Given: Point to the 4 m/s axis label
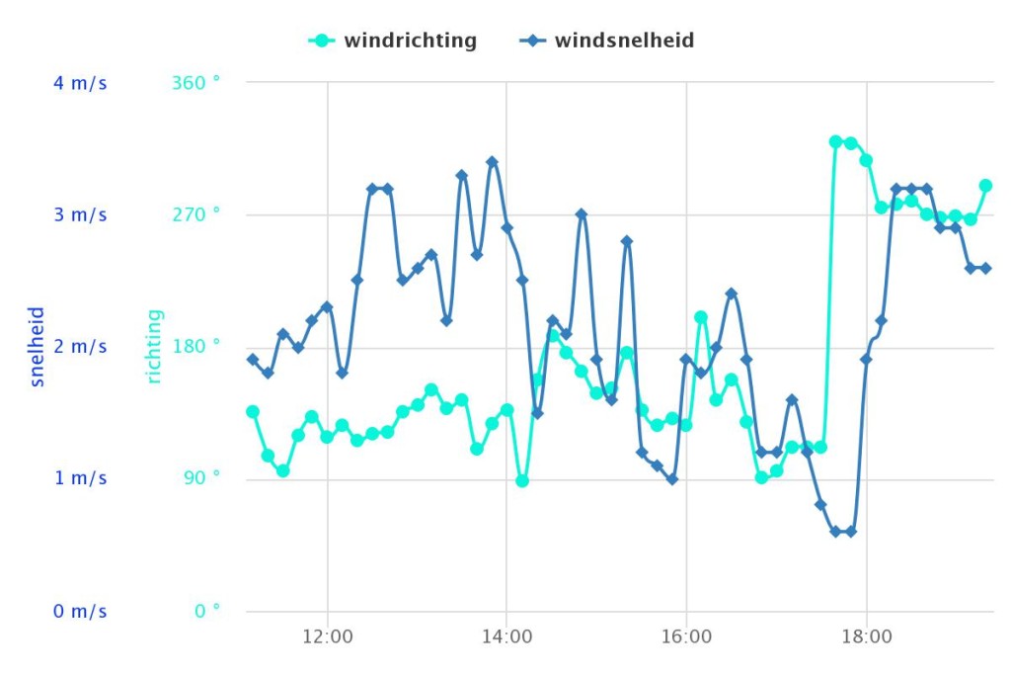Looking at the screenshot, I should coord(80,83).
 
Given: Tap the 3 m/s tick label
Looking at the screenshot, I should coord(80,215).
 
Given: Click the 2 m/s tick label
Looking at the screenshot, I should coord(80,347).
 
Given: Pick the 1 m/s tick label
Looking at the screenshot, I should coord(80,479).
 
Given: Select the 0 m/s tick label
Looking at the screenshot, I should coord(80,612).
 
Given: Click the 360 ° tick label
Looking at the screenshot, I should coord(195,83).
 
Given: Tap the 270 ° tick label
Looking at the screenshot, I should coord(195,215).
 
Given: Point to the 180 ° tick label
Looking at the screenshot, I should coord(195,347).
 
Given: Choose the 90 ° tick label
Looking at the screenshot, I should coord(201,479).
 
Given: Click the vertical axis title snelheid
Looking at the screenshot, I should coord(38,346).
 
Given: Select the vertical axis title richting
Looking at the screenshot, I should coord(155,346).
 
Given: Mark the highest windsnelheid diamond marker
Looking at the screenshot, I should coord(492,162).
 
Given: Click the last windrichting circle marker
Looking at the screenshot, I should coord(985,185).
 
